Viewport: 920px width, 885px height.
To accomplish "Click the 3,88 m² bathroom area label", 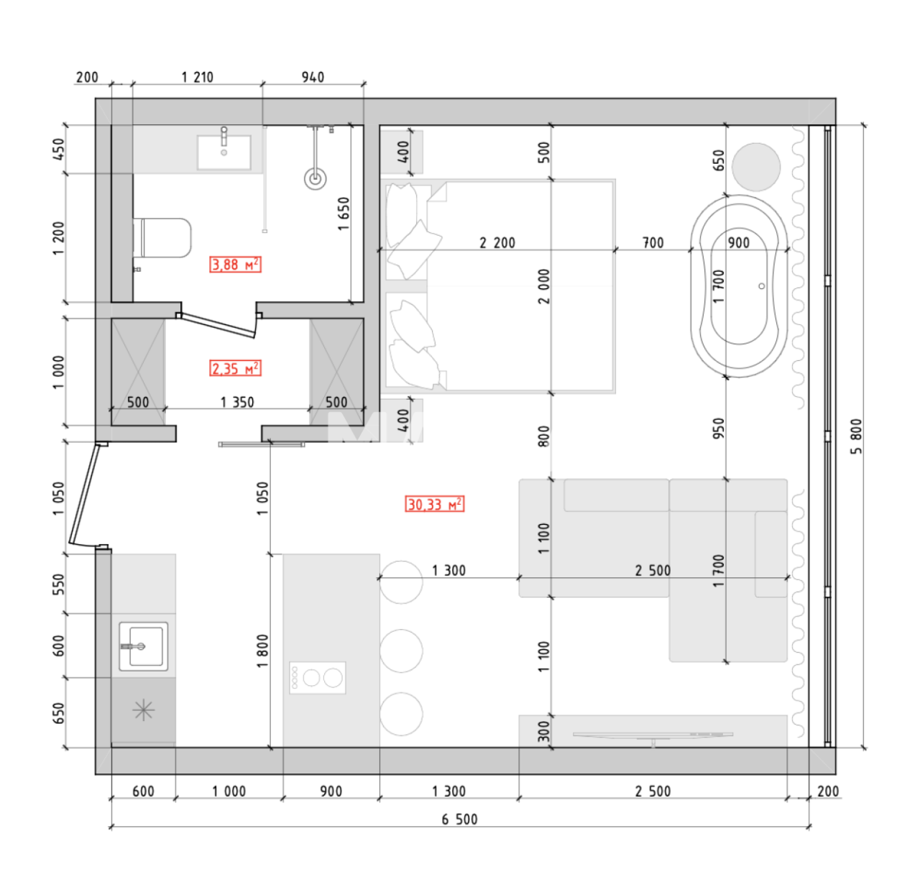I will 235,265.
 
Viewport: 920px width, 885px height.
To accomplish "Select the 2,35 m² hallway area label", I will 235,369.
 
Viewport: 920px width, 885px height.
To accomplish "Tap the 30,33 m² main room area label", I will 434,504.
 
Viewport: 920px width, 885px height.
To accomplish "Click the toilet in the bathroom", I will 164,238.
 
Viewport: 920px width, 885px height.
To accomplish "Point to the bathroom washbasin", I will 224,152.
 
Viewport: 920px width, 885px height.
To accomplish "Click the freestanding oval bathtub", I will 739,285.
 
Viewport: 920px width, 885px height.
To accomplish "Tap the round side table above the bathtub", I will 756,167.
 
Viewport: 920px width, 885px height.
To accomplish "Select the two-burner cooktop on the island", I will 318,677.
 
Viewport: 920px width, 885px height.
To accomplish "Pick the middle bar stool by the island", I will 401,651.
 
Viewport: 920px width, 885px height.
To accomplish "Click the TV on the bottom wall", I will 653,735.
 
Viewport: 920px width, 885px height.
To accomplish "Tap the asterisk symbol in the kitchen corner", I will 144,711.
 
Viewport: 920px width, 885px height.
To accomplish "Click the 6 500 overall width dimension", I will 459,819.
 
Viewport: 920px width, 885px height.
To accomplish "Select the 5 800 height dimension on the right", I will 855,436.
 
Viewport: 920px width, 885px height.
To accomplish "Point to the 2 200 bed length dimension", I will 497,242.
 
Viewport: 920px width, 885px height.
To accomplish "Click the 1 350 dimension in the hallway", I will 237,402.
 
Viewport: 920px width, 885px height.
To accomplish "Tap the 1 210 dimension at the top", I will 197,77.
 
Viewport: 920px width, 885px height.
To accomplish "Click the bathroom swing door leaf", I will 218,325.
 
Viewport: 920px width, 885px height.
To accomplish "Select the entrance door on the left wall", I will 84,495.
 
